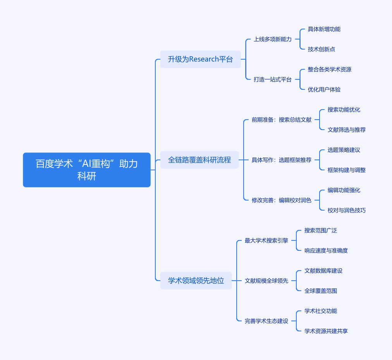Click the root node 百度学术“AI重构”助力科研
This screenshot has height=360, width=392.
pyautogui.click(x=86, y=170)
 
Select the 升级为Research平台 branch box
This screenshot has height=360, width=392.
pyautogui.click(x=200, y=59)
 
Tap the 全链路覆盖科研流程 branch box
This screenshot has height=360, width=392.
pyautogui.click(x=199, y=160)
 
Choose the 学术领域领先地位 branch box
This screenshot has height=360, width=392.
pyautogui.click(x=196, y=281)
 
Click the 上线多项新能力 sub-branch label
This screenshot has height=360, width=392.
pyautogui.click(x=272, y=39)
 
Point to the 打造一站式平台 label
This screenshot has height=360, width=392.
pyautogui.click(x=272, y=79)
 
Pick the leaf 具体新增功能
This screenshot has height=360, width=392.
pyautogui.click(x=324, y=29)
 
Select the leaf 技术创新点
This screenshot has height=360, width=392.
pyautogui.click(x=321, y=49)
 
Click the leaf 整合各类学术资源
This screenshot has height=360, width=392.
pyautogui.click(x=329, y=69)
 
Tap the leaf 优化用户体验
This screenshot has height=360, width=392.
pyautogui.click(x=324, y=89)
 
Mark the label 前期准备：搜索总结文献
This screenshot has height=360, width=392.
pyautogui.click(x=281, y=120)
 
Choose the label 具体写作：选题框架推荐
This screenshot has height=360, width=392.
pyautogui.click(x=281, y=160)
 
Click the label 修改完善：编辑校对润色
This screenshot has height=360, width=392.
pyautogui.click(x=281, y=200)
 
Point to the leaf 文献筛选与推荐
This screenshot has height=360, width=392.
pyautogui.click(x=346, y=130)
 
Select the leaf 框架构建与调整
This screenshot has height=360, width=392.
pyautogui.click(x=346, y=170)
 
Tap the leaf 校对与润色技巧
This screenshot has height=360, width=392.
pyautogui.click(x=346, y=210)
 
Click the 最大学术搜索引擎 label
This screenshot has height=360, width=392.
pyautogui.click(x=266, y=240)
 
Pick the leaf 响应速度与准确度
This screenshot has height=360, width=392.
pyautogui.click(x=326, y=250)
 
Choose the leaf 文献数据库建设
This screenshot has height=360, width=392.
pyautogui.click(x=323, y=271)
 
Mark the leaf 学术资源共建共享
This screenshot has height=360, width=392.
pyautogui.click(x=326, y=331)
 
